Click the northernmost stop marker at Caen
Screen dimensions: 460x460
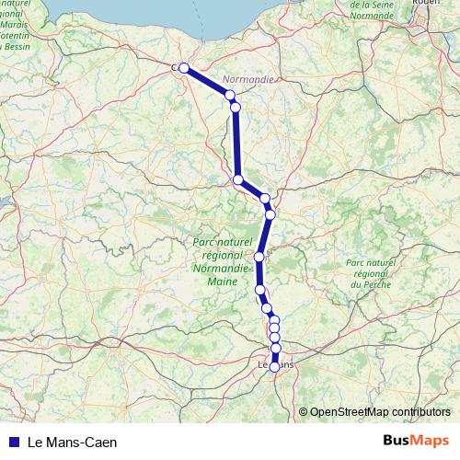tap(184, 67)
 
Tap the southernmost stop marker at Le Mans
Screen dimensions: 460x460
tap(274, 367)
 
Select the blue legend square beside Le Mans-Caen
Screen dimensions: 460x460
tap(13, 442)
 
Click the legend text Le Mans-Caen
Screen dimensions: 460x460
tap(73, 442)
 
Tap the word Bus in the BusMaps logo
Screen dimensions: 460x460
tap(397, 441)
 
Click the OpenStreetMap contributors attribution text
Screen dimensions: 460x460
tap(380, 412)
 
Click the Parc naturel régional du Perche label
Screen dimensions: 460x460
tap(370, 274)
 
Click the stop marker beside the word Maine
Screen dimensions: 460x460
tap(259, 257)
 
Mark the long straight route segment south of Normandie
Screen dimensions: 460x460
tap(236, 144)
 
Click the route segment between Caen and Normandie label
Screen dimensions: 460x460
tap(207, 81)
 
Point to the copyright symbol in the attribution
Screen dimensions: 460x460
tap(303, 412)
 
